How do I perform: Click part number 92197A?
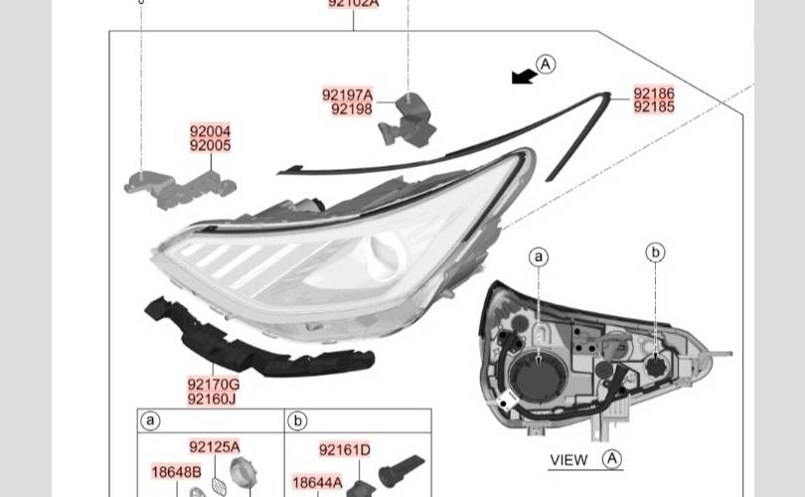click(347, 95)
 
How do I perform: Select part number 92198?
click(352, 109)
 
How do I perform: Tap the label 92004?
click(211, 131)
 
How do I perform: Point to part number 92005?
click(211, 145)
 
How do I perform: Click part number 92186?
click(654, 93)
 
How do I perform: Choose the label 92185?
click(654, 106)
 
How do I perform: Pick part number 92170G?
click(213, 384)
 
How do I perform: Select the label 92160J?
click(213, 399)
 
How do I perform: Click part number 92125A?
click(215, 448)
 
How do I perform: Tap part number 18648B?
click(176, 471)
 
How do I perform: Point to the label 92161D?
click(345, 450)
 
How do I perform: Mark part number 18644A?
click(316, 483)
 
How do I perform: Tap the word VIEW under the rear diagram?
click(569, 459)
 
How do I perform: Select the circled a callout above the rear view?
click(539, 257)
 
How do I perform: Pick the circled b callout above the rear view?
click(655, 252)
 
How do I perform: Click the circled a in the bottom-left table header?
click(151, 421)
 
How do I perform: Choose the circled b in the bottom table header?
click(297, 421)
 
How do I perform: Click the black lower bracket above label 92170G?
click(253, 339)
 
